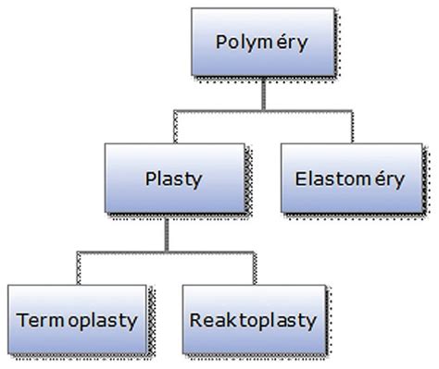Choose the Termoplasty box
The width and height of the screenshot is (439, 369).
point(77,321)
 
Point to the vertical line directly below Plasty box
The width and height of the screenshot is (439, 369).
point(167,234)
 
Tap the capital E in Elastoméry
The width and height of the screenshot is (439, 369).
point(298,179)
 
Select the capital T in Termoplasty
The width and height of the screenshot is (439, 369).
point(22,321)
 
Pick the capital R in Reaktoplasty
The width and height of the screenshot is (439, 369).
point(197,321)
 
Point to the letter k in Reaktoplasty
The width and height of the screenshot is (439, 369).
point(231,321)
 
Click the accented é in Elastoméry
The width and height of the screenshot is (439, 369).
point(382,179)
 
